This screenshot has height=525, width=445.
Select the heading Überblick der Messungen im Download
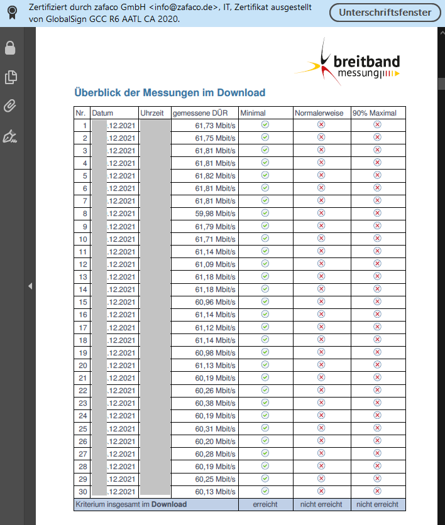[x=170, y=93]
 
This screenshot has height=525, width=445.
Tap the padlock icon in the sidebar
[x=10, y=48]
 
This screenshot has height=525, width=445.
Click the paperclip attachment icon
[x=10, y=106]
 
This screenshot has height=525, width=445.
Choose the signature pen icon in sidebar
[x=10, y=136]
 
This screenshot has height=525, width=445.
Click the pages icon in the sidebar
[x=10, y=77]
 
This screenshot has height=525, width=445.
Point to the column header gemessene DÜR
[x=200, y=113]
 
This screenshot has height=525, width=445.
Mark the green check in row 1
[x=265, y=125]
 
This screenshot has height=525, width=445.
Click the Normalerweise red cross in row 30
[x=321, y=491]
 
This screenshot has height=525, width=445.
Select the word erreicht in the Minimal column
[x=265, y=504]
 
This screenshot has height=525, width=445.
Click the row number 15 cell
[x=82, y=302]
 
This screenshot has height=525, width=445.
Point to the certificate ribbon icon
[x=11, y=13]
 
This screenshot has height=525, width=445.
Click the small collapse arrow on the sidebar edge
[x=30, y=286]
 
